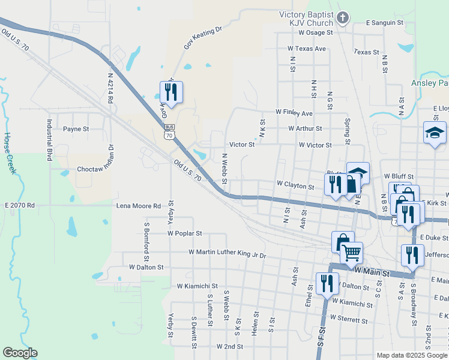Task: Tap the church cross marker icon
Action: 343,17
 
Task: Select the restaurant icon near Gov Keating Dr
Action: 170,92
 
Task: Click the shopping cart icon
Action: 351,253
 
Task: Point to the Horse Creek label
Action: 10,153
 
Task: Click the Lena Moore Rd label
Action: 139,206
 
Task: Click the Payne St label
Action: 76,129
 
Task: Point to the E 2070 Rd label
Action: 20,205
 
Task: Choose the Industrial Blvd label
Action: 49,139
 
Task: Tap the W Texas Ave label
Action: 306,48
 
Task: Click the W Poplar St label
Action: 184,232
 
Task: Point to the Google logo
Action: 20,352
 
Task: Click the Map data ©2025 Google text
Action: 411,355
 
